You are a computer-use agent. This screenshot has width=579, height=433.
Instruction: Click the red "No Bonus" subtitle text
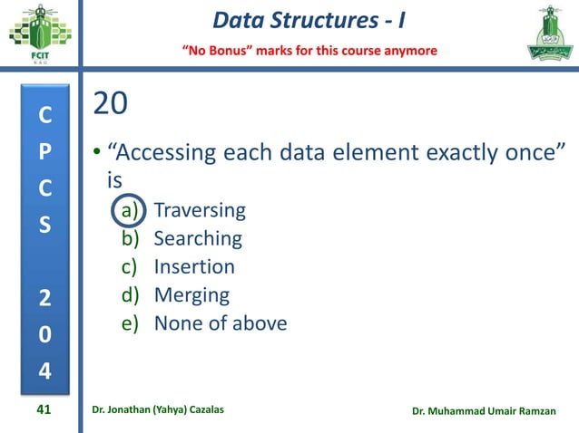tap(311, 50)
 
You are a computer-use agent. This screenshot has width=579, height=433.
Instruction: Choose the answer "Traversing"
tap(200, 211)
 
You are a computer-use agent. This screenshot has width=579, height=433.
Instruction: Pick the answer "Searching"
tap(198, 239)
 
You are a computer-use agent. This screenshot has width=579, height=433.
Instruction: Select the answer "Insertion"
tap(194, 267)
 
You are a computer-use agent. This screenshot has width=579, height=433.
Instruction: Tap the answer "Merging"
tap(191, 295)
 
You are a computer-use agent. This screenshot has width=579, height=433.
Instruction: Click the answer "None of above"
tap(221, 323)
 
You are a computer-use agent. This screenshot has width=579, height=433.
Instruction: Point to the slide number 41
tap(42, 411)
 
